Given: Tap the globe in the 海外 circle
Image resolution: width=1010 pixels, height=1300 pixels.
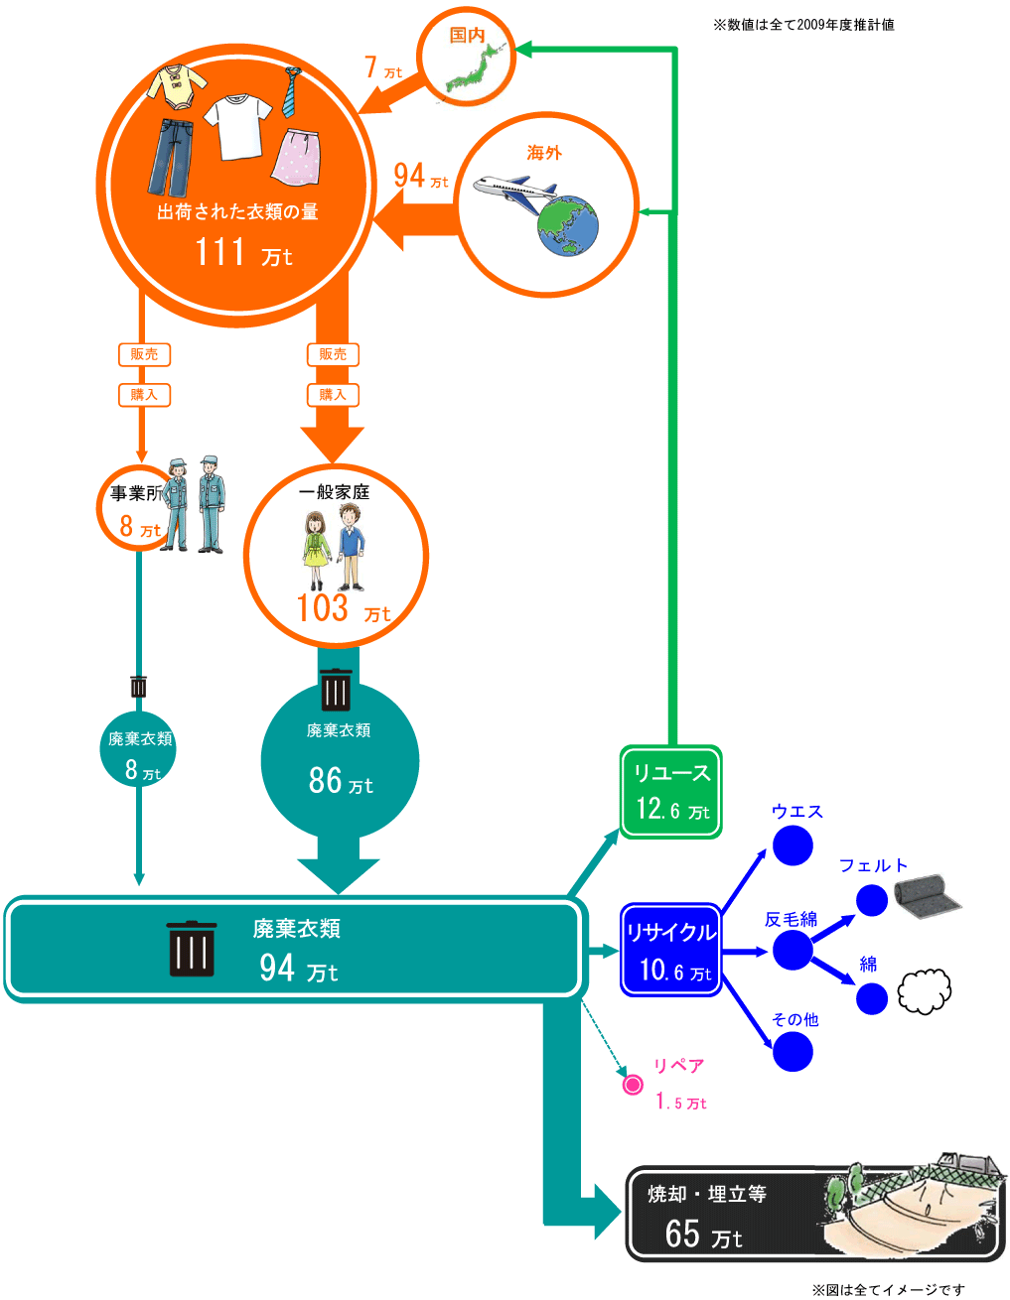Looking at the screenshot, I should click(x=567, y=226).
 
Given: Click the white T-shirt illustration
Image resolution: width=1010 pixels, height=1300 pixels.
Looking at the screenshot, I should click(x=238, y=125).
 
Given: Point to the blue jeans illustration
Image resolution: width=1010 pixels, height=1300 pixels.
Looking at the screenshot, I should click(x=171, y=157).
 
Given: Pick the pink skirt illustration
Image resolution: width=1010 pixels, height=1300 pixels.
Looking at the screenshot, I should click(x=296, y=157).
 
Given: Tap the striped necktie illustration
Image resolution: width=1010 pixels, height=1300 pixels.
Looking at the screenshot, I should click(x=290, y=91).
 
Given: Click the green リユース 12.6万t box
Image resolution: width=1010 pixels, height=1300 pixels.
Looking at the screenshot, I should click(x=671, y=792).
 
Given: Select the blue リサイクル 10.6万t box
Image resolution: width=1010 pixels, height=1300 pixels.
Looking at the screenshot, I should click(x=671, y=950).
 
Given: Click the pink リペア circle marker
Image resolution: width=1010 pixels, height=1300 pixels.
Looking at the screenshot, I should click(x=633, y=1085).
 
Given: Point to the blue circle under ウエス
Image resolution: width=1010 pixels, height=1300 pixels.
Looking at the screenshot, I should click(x=793, y=845).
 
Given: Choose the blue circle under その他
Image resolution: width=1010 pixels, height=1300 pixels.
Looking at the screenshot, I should click(x=793, y=1052).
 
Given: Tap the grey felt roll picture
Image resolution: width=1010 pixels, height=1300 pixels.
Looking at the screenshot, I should click(x=927, y=896).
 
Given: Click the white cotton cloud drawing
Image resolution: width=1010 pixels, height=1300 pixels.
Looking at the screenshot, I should click(x=925, y=990).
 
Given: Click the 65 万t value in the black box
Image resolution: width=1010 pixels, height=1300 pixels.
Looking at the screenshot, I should click(x=703, y=1235).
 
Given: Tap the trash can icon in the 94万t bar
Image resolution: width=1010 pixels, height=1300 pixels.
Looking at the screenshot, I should click(x=192, y=949).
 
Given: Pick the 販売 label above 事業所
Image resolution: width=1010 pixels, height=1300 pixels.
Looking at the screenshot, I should click(x=144, y=354).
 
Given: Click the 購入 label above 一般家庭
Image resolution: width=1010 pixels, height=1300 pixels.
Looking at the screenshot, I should click(x=333, y=395).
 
